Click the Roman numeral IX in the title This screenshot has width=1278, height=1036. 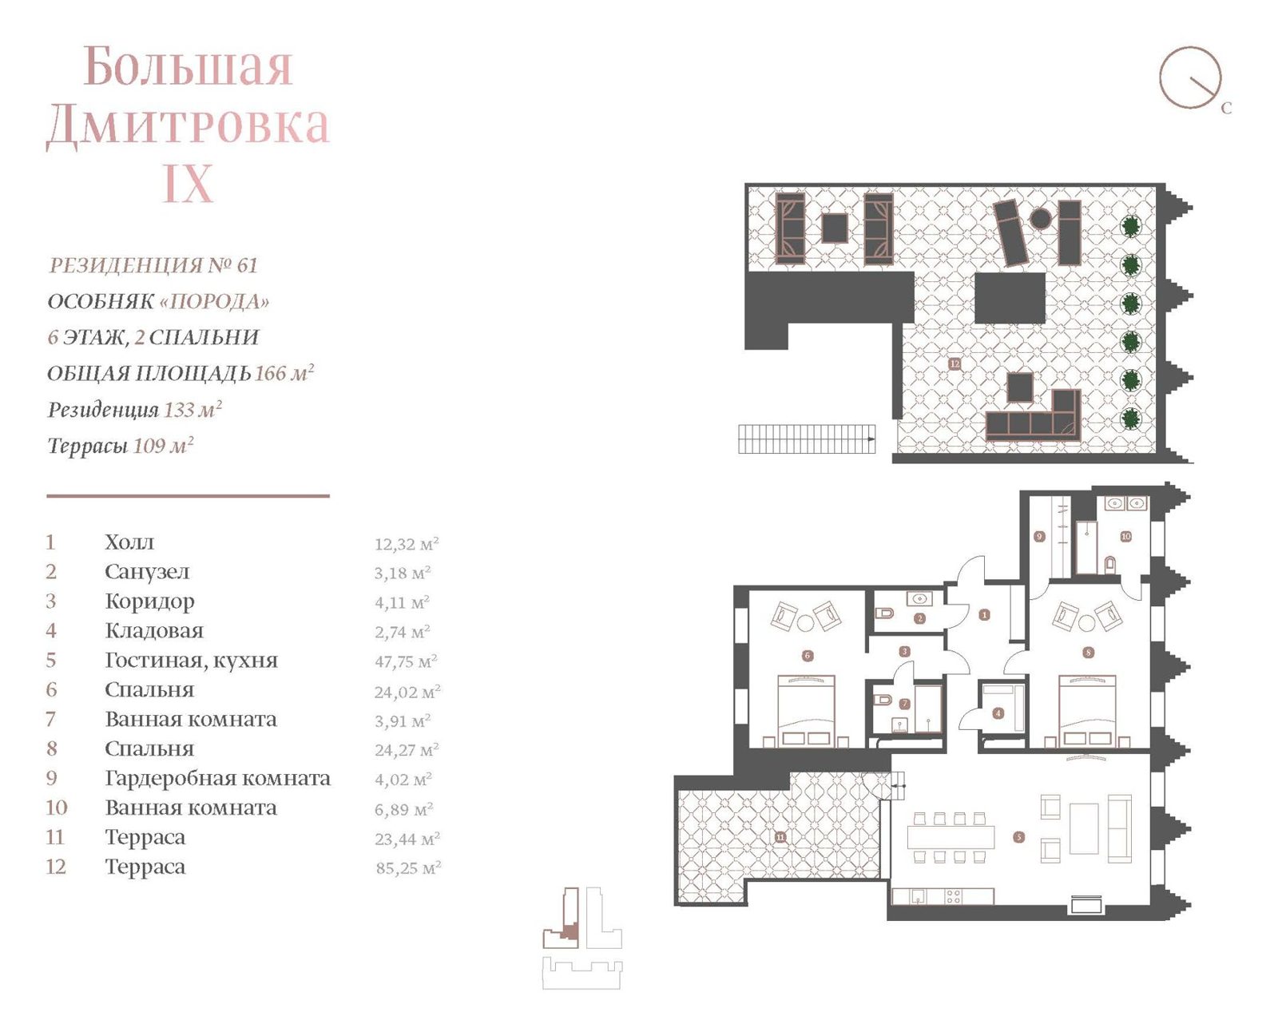pos(189,183)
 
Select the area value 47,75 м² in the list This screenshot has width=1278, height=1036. pos(406,661)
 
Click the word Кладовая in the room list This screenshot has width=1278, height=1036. pos(154,630)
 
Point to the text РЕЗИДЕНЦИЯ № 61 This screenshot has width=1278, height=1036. pos(153,265)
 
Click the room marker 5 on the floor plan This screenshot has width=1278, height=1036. pos(1018,837)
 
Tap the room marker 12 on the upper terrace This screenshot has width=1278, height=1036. pos(954,363)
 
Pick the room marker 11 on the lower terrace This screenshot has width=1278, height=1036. pos(780,837)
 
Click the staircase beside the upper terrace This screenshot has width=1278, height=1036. pos(807,439)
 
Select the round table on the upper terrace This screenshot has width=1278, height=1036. pos(1040,217)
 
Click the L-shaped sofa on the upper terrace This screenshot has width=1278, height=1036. pos(1033,415)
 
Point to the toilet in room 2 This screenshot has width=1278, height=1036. pos(883,613)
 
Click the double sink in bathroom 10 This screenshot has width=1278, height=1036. pos(1125,503)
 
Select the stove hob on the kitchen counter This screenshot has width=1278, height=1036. pos(953,897)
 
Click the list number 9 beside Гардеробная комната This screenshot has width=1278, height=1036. pos(52,778)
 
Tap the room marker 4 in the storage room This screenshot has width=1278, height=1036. pos(998,713)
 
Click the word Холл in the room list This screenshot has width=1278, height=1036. pos(129,542)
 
